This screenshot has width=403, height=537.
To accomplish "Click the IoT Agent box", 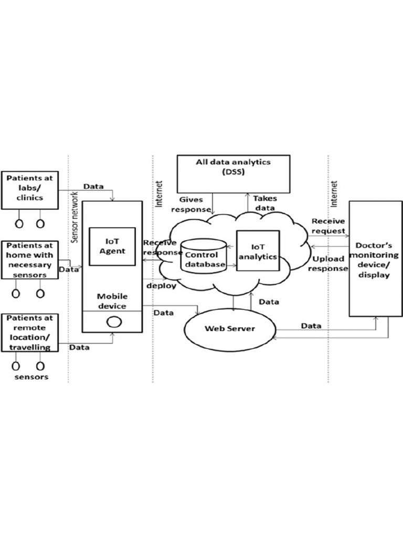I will pyautogui.click(x=112, y=246).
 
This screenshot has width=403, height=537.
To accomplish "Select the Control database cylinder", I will pyautogui.click(x=204, y=256).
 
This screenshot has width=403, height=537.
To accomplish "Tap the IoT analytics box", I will pyautogui.click(x=257, y=251).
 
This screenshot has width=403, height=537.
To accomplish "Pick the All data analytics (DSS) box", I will pyautogui.click(x=233, y=174).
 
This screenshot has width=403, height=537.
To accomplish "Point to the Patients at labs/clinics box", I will pyautogui.click(x=29, y=188).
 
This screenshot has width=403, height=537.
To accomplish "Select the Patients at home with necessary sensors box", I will pyautogui.click(x=29, y=260).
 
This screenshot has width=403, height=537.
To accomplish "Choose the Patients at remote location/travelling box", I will pyautogui.click(x=29, y=332).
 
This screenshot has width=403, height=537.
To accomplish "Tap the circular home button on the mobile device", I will pyautogui.click(x=112, y=323).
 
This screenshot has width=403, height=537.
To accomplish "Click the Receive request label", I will pyautogui.click(x=328, y=226).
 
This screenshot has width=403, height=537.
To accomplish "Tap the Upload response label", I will pyautogui.click(x=328, y=264).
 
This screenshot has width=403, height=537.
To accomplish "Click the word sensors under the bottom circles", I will pyautogui.click(x=31, y=377).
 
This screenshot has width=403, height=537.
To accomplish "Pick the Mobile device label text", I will pyautogui.click(x=112, y=300).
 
